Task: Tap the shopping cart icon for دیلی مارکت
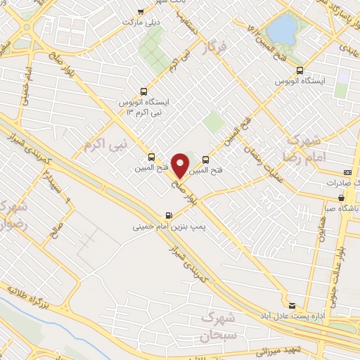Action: pyautogui.click(x=141, y=12)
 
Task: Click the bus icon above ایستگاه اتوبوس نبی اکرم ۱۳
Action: pyautogui.click(x=143, y=91)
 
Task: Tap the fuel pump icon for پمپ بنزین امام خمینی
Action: pyautogui.click(x=168, y=216)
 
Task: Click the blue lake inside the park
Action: pyautogui.click(x=283, y=29)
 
